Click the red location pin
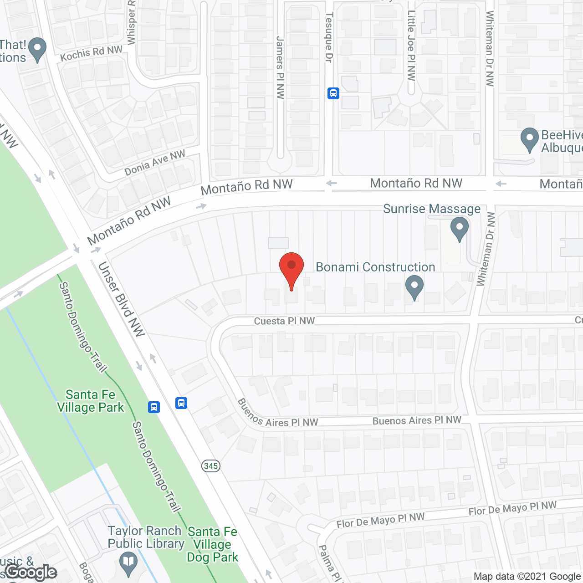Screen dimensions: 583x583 (291, 269)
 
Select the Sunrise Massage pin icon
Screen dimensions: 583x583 (459, 229)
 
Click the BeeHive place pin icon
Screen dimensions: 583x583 (529, 139)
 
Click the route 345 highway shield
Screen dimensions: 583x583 (211, 466)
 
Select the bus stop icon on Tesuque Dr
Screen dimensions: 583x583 (333, 93)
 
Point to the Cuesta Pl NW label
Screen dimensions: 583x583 (284, 321)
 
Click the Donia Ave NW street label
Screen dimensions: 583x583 (155, 163)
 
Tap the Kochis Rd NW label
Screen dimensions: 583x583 (91, 53)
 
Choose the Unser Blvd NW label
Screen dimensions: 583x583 (121, 299)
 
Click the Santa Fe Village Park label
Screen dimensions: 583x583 (90, 401)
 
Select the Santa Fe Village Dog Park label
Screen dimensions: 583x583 (212, 544)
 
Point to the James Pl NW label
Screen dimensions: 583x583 (280, 67)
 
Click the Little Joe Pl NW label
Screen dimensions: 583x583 (411, 46)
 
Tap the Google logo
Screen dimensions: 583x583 (31, 572)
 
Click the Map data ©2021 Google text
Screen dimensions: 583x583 (527, 577)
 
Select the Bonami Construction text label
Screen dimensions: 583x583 (375, 267)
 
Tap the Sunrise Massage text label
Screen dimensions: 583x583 (431, 209)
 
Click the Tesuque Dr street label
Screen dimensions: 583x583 (329, 37)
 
